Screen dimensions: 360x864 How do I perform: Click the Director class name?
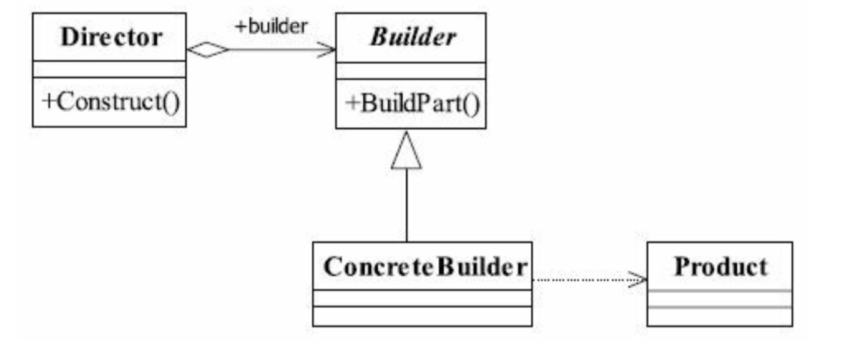[110, 37]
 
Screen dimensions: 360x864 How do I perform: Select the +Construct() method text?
[110, 102]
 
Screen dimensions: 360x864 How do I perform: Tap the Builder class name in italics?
[413, 37]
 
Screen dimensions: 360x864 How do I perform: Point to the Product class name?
[720, 267]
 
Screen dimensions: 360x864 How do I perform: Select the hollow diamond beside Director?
[208, 51]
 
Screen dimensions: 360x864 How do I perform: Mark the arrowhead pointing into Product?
[639, 280]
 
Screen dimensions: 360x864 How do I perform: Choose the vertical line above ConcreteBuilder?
[406, 206]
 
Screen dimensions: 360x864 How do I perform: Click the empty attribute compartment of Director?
[109, 69]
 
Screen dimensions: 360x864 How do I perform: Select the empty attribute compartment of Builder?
[411, 71]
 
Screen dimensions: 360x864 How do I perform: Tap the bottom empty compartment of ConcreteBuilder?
[422, 316]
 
